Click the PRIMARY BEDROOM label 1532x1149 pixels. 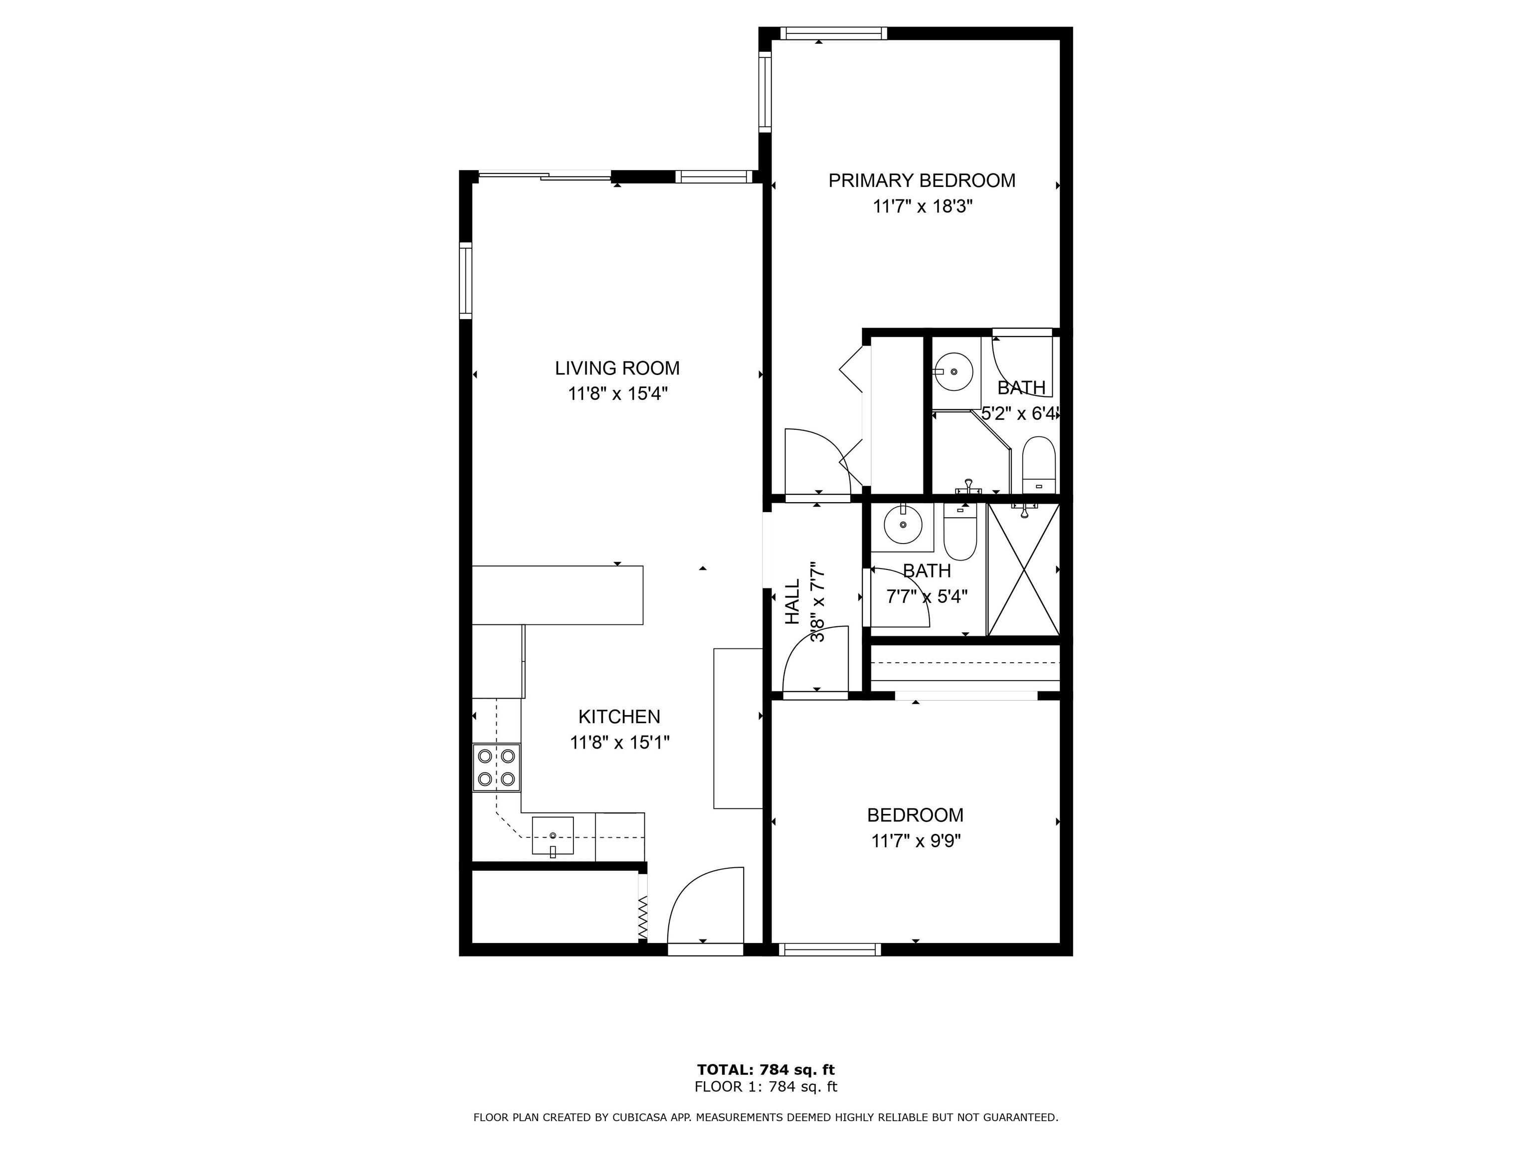coord(922,181)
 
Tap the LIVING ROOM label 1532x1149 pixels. coord(617,369)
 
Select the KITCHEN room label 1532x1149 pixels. coord(619,717)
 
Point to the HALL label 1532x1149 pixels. coord(792,602)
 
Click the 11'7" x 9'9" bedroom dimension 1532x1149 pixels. coord(916,841)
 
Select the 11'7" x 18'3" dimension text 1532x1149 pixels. coord(923,206)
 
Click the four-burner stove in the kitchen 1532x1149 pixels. coord(497,768)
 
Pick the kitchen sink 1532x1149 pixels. coord(553,837)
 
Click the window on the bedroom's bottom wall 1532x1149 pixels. coord(830,950)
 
